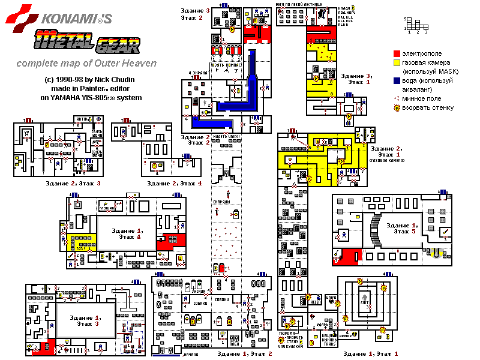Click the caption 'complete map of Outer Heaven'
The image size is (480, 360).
86,63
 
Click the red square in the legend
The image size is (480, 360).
397,53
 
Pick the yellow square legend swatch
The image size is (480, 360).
397,62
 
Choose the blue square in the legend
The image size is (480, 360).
397,80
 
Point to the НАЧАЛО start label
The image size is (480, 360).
191,355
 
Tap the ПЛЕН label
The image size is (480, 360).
235,344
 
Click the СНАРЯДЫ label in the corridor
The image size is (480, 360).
222,202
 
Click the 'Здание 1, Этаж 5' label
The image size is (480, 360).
401,228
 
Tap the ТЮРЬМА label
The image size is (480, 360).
290,332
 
